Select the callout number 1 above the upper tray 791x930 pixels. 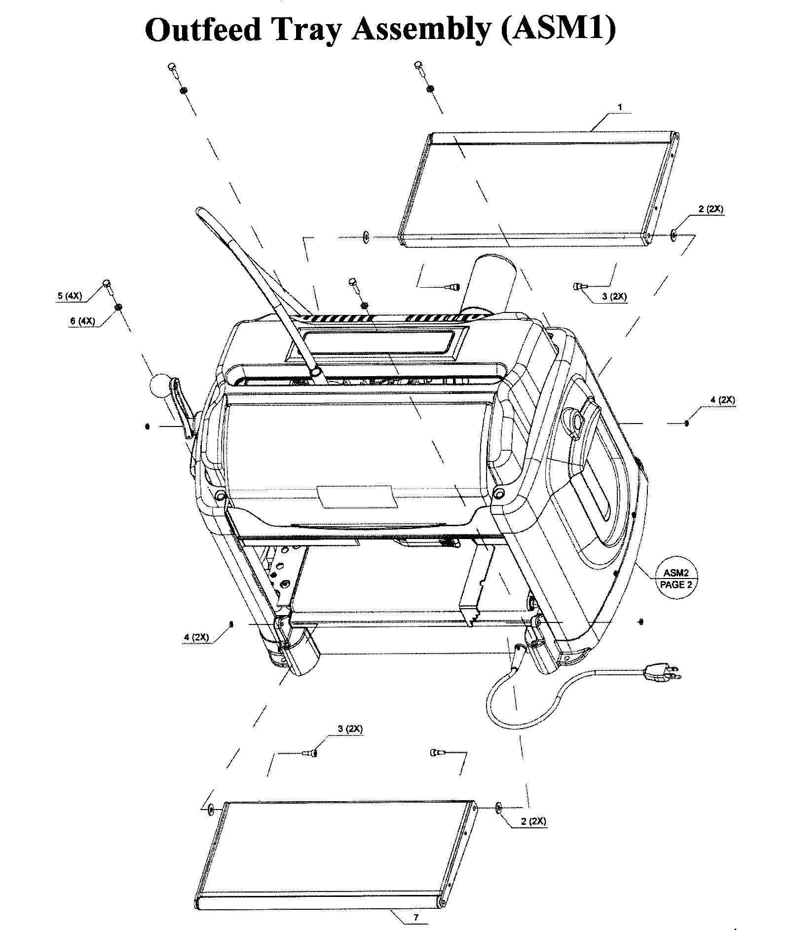620,107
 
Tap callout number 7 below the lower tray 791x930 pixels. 415,917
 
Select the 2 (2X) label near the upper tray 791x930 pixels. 711,209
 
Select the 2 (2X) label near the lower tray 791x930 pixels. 533,821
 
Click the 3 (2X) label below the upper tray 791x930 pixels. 614,297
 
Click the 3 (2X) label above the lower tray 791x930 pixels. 350,729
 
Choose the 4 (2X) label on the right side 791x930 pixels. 722,400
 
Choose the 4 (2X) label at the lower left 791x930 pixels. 196,637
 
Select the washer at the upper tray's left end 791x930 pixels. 366,236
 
